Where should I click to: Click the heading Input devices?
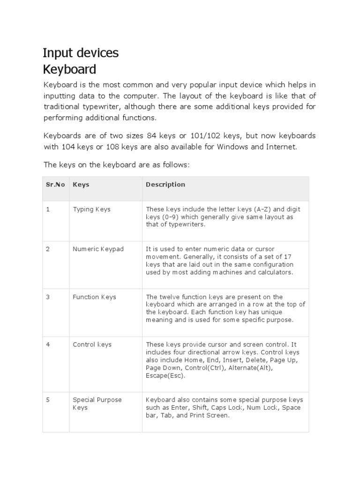81,53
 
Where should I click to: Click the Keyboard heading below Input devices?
69,69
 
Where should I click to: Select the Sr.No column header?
55,185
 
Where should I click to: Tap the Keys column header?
81,185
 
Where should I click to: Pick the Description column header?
165,185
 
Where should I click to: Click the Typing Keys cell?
91,210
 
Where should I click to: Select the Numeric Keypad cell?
98,249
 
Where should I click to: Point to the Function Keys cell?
94,297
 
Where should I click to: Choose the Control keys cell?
92,345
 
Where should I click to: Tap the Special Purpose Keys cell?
97,404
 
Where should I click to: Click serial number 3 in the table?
47,297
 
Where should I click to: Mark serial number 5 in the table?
47,400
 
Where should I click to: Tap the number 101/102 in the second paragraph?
205,135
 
